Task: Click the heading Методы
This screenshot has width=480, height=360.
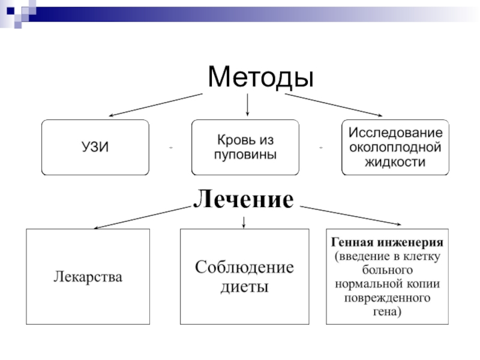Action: tap(260, 77)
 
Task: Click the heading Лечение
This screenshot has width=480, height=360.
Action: tap(244, 199)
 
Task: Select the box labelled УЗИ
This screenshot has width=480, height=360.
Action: tap(95, 148)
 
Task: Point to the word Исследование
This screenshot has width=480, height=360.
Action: tap(396, 132)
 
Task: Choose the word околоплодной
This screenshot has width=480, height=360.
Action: tap(396, 147)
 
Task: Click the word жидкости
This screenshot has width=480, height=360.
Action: tap(396, 162)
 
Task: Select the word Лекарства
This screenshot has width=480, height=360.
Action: tap(88, 277)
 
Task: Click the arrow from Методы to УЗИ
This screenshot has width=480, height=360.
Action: tap(156, 104)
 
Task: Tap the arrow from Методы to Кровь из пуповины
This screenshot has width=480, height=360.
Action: tap(248, 104)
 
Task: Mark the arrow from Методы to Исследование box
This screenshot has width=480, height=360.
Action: tap(333, 104)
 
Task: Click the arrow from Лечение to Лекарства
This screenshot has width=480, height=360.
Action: tap(141, 217)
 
